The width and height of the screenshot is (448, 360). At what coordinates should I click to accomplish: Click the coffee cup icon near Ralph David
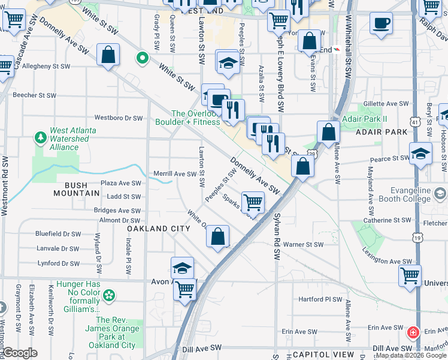pyautogui.click(x=381, y=24)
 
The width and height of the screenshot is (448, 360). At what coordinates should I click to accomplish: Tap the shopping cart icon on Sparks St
pyautogui.click(x=253, y=203)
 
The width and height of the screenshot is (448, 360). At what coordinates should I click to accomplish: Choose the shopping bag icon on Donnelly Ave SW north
pyautogui.click(x=108, y=55)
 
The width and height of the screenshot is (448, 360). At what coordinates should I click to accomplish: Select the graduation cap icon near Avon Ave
pyautogui.click(x=183, y=268)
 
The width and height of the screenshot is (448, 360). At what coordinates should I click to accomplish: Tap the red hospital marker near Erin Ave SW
pyautogui.click(x=413, y=332)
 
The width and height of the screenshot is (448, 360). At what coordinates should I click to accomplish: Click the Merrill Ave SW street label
pyautogui.click(x=175, y=174)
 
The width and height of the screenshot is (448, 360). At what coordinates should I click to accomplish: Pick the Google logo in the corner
pyautogui.click(x=19, y=353)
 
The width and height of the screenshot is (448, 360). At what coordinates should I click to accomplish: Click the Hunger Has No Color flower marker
pyautogui.click(x=108, y=295)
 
